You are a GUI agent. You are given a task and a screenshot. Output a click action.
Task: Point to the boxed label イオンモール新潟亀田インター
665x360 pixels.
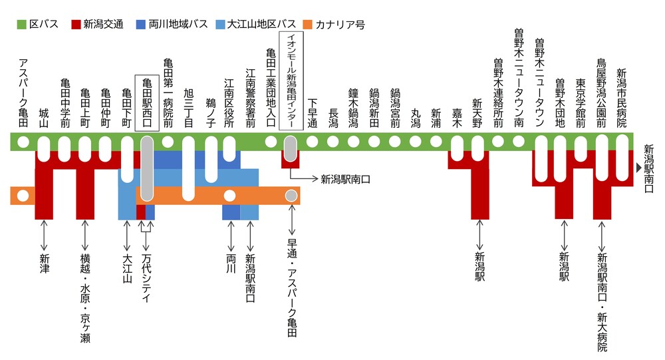[290, 79]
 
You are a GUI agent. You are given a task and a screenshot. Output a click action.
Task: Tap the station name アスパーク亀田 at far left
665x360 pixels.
[23, 94]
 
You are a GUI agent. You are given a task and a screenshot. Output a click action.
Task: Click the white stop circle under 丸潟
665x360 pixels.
[416, 141]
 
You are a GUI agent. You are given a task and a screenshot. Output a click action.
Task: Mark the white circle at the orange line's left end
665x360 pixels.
[23, 196]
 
